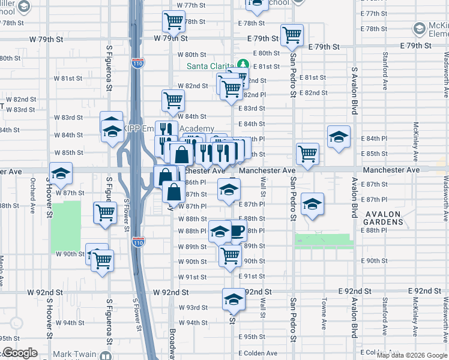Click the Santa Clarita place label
tap(211, 66)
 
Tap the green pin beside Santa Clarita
tap(243, 65)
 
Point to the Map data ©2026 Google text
tap(412, 355)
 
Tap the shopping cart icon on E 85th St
tap(307, 154)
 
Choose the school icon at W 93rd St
tap(234, 300)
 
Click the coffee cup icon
tap(237, 231)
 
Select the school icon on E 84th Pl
tap(339, 136)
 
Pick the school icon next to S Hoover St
tap(60, 173)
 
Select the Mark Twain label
tap(74, 354)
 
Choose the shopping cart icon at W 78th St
tap(173, 21)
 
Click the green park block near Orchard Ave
tap(65, 226)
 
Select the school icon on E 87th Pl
tap(312, 204)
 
